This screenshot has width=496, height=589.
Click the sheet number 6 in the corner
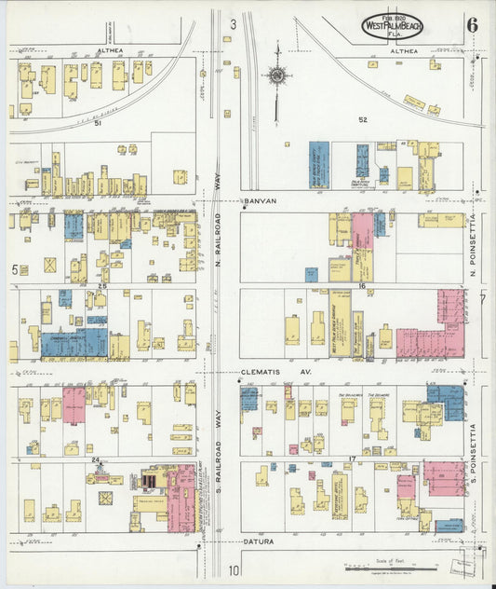point(473,23)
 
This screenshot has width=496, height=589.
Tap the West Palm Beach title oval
point(396,24)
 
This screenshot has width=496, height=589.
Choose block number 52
point(363,119)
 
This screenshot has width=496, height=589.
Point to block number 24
point(95,459)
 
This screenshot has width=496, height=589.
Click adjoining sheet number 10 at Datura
point(235,570)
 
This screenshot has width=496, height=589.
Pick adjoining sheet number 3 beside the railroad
point(234,23)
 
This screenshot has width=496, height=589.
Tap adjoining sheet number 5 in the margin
point(15,269)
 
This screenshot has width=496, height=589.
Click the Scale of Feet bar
point(391,565)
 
